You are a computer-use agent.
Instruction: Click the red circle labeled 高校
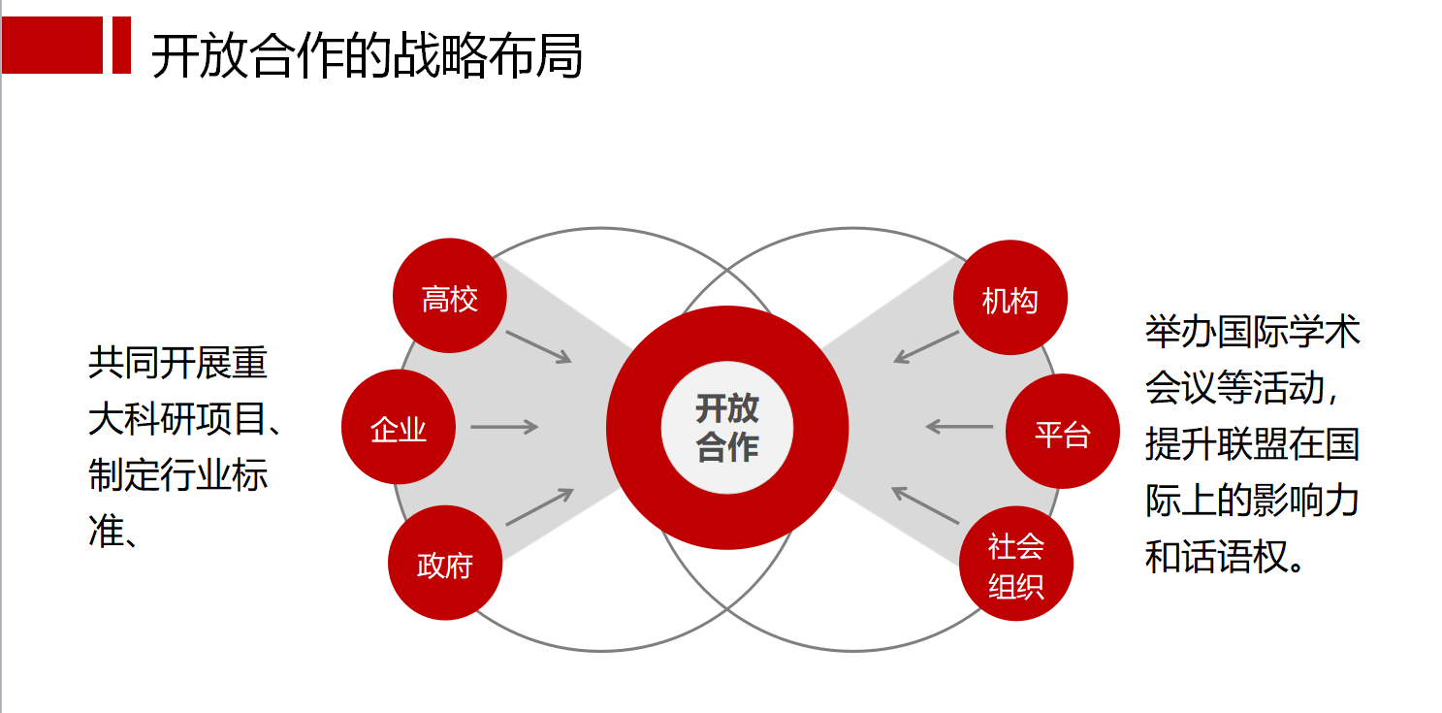450,296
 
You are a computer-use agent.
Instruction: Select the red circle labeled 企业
398,427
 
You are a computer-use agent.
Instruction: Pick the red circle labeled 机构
1009,298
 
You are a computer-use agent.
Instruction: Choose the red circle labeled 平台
1062,431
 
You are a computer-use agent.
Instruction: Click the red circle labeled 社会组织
1015,565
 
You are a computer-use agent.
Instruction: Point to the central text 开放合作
726,428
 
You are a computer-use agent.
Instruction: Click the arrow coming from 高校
538,346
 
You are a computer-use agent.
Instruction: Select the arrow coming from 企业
504,427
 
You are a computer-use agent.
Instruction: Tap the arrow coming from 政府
539,505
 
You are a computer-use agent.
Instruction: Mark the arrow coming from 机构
926,347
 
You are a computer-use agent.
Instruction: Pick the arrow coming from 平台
959,426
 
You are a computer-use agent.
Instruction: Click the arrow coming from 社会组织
925,505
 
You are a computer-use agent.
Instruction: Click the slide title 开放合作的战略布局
367,56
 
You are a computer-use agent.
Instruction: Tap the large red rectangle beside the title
52,45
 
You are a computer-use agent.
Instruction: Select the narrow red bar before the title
121,45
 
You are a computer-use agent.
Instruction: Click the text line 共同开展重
177,363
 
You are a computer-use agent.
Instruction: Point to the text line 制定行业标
177,474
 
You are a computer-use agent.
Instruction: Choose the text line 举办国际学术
1252,332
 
